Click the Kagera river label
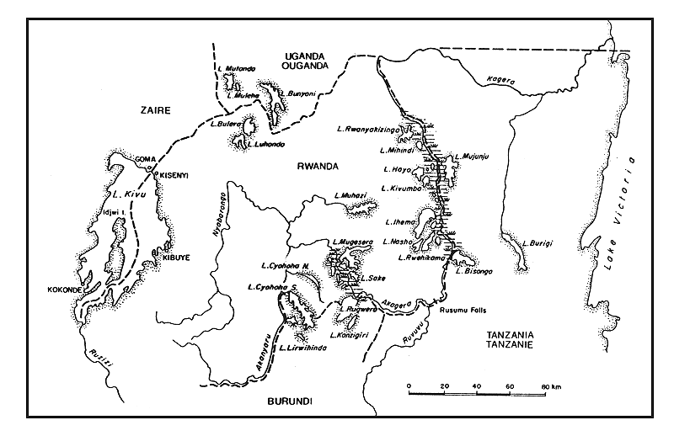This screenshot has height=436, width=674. [500, 80]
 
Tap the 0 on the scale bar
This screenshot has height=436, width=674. [409, 386]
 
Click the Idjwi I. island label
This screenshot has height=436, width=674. [110, 214]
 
